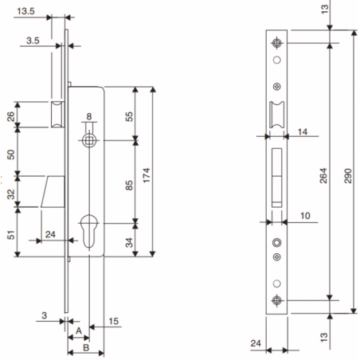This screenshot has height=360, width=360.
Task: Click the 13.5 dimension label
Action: click(25, 11)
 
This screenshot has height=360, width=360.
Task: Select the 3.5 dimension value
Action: click(33, 41)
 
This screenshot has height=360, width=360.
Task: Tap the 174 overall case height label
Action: click(147, 175)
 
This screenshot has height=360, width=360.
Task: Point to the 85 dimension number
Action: click(129, 186)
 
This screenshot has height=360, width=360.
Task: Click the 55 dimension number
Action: click(129, 116)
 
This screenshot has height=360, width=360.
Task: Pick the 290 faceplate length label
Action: click(348, 176)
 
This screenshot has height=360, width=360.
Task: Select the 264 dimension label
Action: click(323, 176)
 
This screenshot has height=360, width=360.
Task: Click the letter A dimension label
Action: click(79, 331)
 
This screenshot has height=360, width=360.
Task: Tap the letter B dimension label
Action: click(86, 347)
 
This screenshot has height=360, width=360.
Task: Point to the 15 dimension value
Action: click(114, 321)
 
